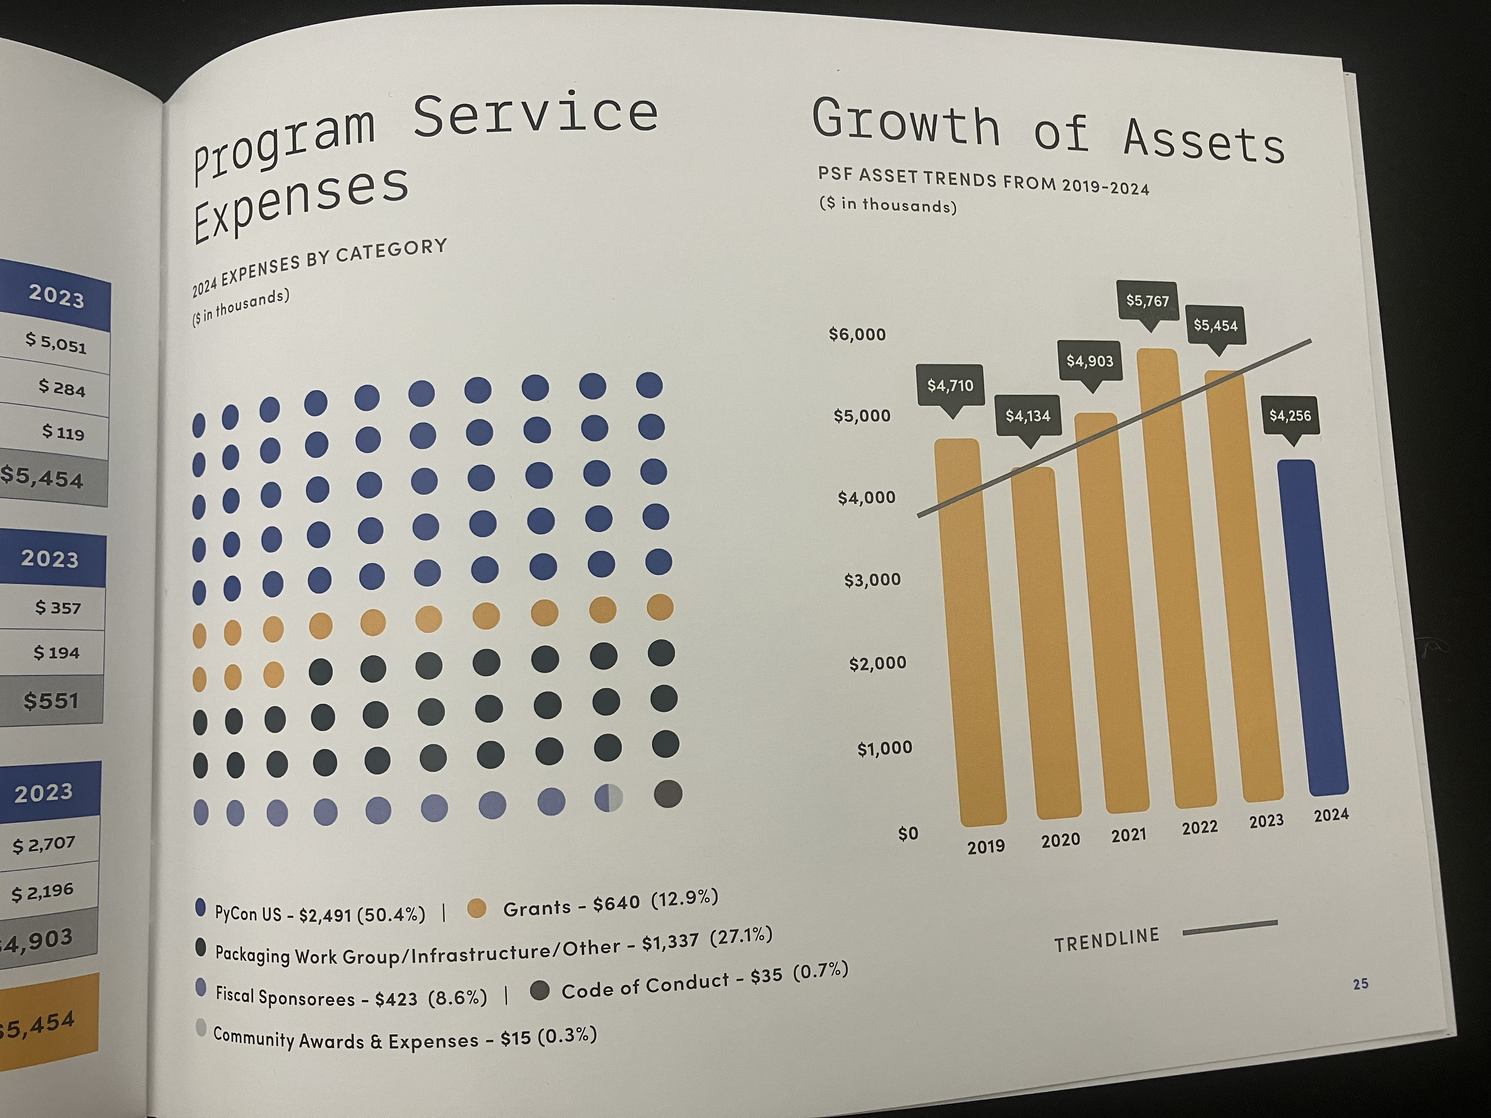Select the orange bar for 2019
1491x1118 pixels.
click(969, 633)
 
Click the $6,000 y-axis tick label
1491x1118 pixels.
click(857, 334)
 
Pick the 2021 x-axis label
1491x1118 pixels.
click(1128, 836)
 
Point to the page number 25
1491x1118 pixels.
click(1360, 984)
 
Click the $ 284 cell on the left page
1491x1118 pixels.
click(62, 388)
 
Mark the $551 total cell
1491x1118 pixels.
click(51, 701)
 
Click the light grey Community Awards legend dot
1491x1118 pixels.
click(200, 1028)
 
